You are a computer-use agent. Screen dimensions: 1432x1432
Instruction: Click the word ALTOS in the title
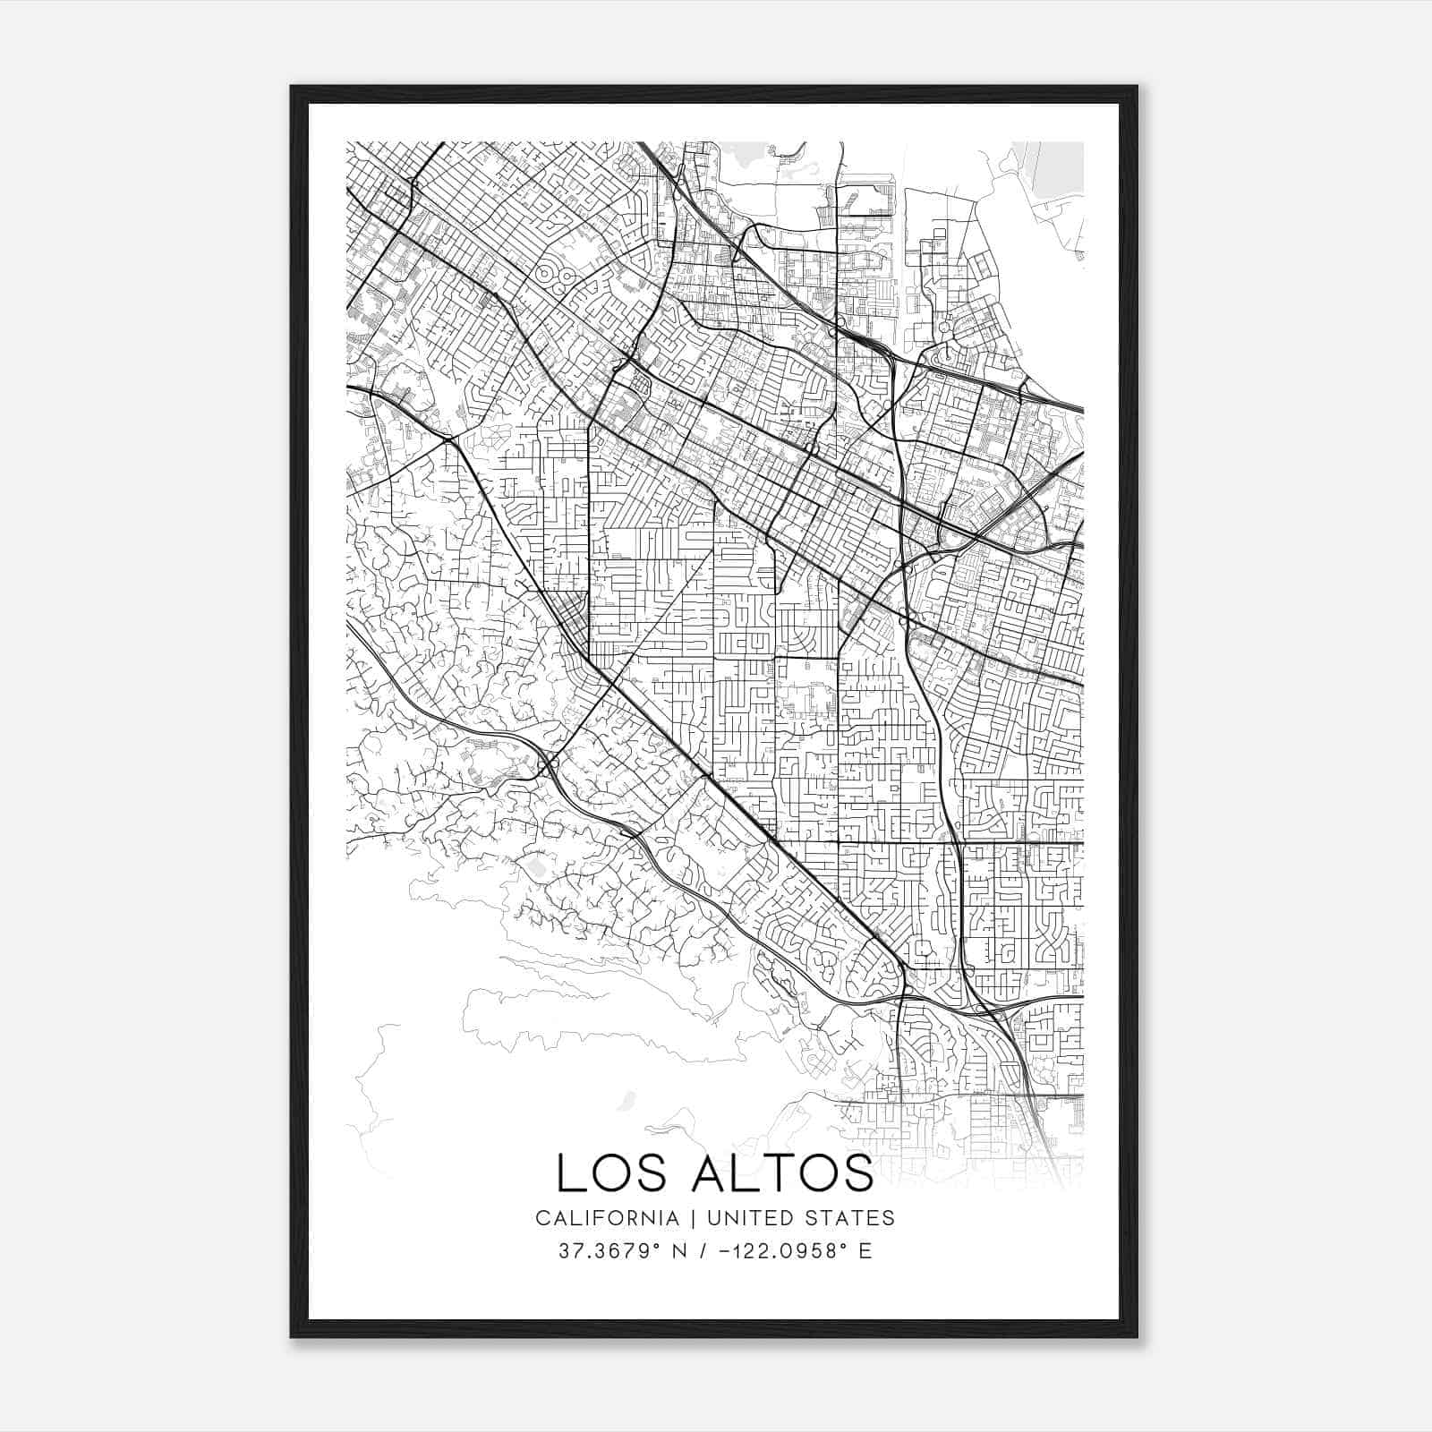point(781,1174)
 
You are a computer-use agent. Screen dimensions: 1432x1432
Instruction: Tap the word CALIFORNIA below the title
point(606,1218)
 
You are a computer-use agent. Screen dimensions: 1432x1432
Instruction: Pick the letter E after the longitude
point(865,1251)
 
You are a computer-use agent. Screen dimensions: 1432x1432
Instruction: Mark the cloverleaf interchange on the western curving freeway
point(547,765)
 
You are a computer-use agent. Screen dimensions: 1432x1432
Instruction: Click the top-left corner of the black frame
point(292,87)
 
